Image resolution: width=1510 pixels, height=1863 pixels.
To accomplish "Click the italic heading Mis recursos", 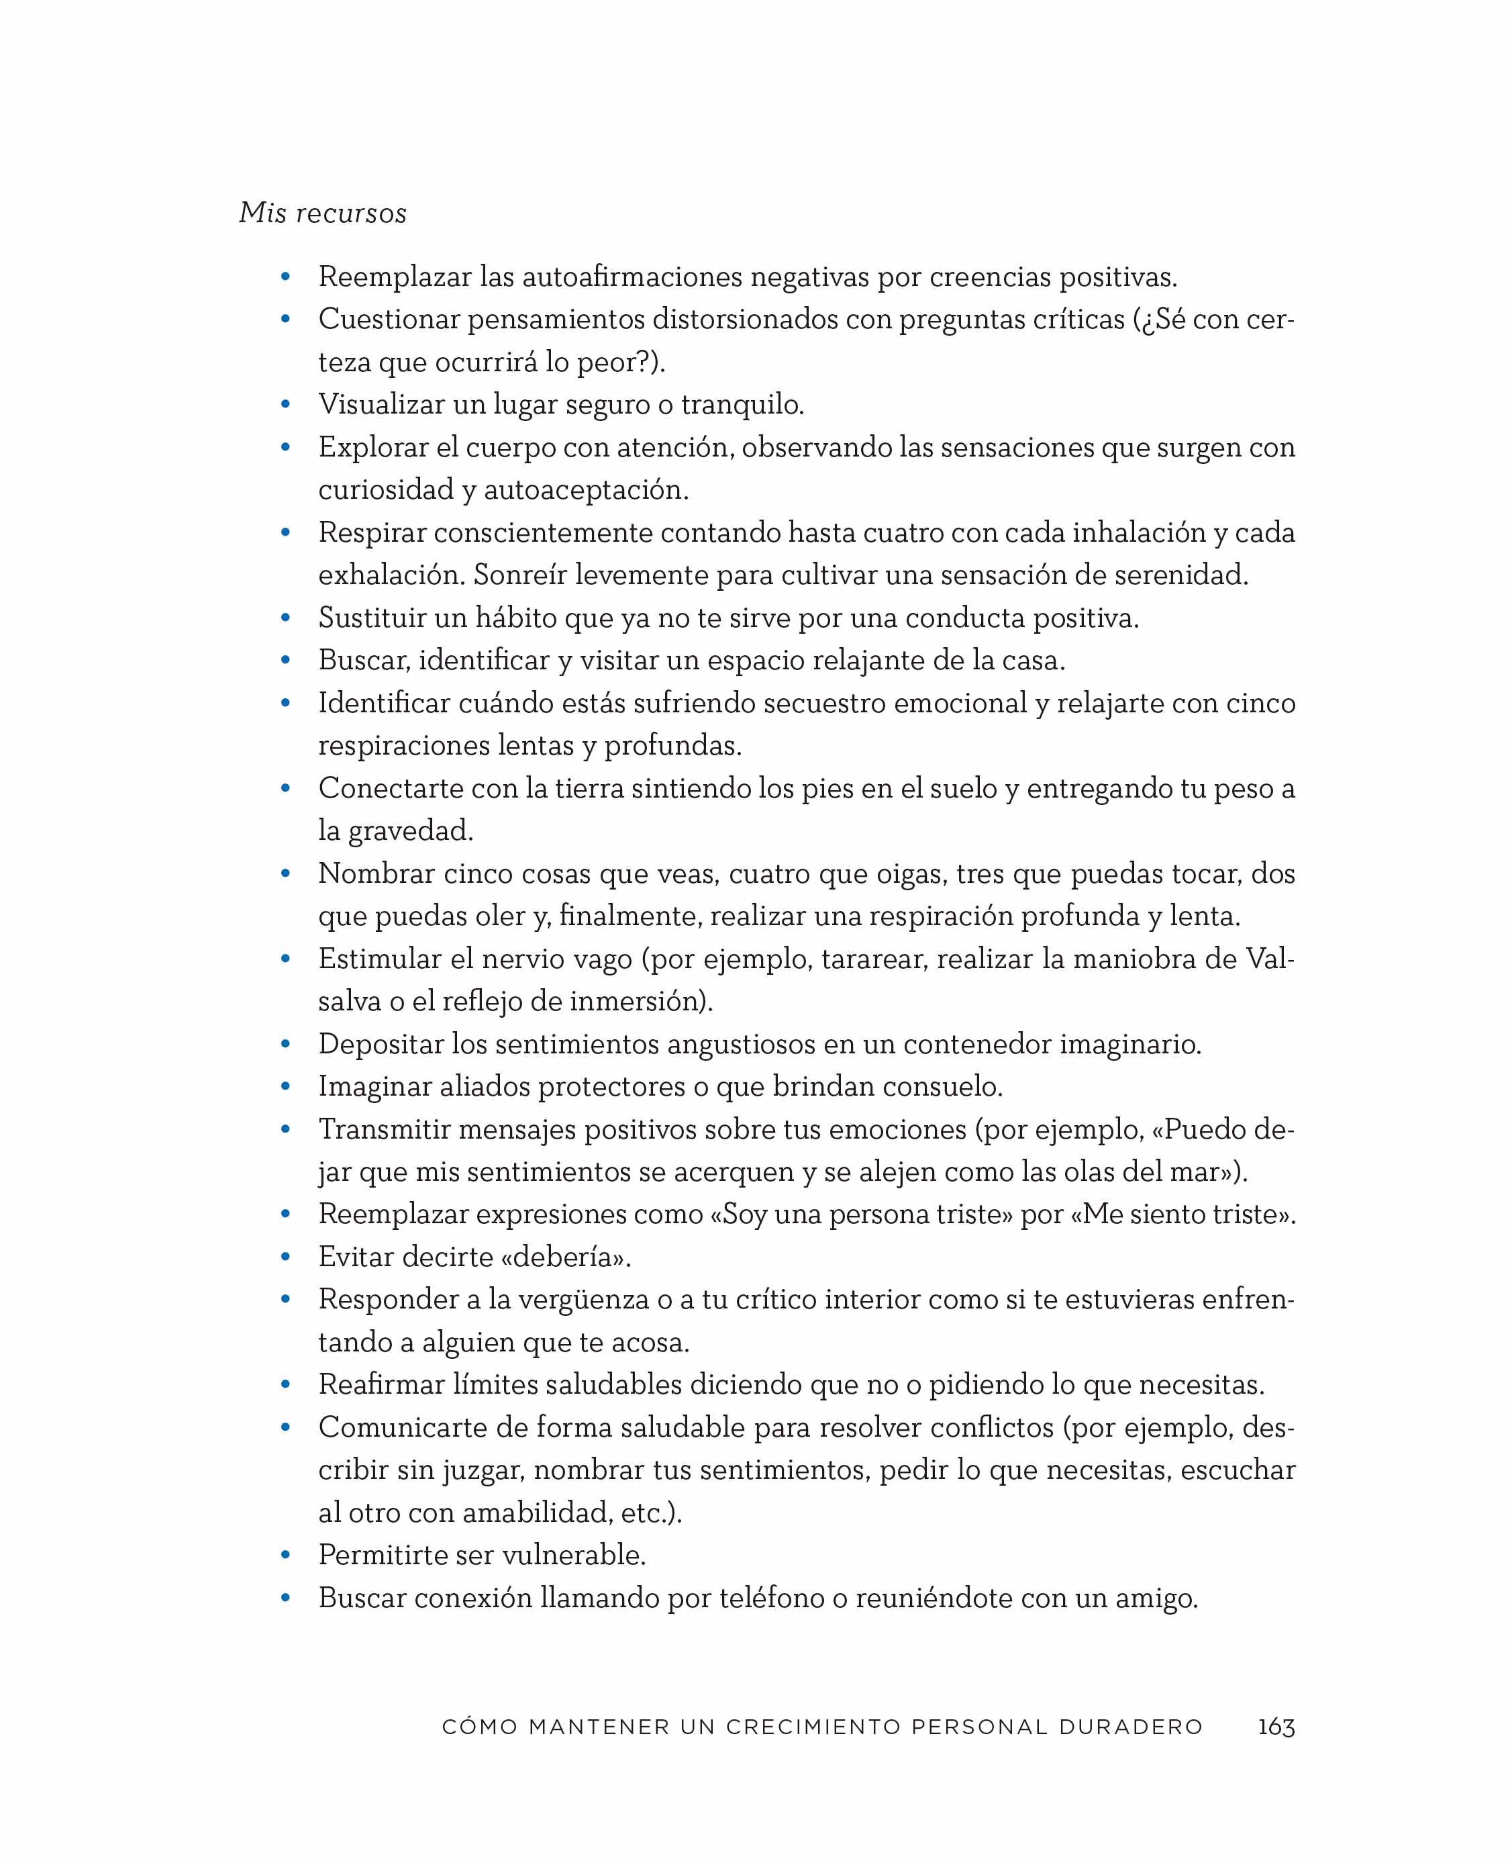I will (x=323, y=213).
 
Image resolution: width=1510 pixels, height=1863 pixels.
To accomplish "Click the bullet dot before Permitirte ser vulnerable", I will (x=285, y=1556).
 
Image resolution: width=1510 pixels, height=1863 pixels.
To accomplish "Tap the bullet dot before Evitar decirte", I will (x=285, y=1257).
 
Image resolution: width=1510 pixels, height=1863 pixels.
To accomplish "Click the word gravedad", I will (x=411, y=831).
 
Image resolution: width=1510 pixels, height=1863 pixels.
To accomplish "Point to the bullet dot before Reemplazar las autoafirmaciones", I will (x=285, y=277).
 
